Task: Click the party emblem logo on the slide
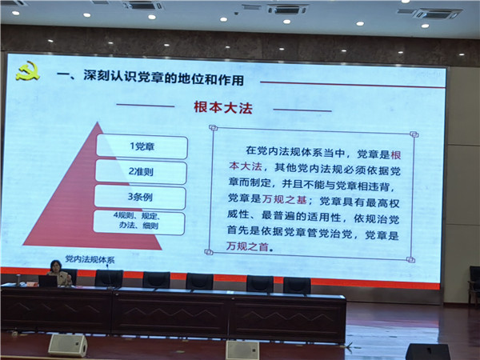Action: [x=28, y=70]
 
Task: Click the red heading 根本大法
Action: [x=223, y=107]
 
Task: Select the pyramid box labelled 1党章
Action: [x=142, y=146]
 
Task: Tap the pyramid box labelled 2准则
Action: [x=141, y=172]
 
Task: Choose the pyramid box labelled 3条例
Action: [x=140, y=197]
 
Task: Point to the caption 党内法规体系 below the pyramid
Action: [x=90, y=259]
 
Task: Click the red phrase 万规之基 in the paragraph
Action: [x=284, y=199]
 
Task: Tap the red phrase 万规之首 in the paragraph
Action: [x=247, y=246]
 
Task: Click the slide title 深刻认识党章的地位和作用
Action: [x=164, y=78]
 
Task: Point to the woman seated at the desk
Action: [x=59, y=273]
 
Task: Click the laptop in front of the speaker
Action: [x=48, y=282]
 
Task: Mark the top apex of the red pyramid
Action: [x=98, y=122]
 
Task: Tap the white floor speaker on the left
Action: [x=68, y=345]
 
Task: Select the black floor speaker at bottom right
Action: [x=428, y=352]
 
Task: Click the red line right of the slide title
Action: [x=353, y=85]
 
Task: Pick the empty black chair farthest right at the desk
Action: [x=297, y=286]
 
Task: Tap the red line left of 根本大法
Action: [x=146, y=106]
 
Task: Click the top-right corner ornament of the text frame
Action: [x=414, y=134]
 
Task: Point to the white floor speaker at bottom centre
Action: [x=242, y=350]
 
